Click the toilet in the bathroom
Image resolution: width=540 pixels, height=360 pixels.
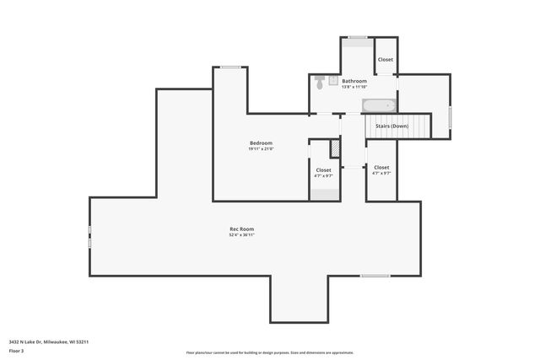pos(320,83)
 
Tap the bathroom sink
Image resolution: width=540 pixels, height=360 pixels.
pos(333,81)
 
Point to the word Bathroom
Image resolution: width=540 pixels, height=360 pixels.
pos(354,81)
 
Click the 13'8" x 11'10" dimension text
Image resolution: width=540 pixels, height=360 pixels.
pos(354,87)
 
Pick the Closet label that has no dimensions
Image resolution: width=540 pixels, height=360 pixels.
pos(386,60)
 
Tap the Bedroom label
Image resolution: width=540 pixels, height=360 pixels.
pos(262,142)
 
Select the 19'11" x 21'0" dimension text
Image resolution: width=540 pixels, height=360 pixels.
pos(262,148)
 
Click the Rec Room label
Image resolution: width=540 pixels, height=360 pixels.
pos(242,228)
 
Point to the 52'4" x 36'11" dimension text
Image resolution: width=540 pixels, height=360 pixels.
pos(242,235)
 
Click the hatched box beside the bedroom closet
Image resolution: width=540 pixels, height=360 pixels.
pos(335,148)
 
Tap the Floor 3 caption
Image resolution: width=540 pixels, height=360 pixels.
pos(17,350)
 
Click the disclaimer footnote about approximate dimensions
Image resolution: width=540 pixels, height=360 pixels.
pos(269,352)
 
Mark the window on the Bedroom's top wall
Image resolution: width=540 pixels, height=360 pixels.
pos(230,67)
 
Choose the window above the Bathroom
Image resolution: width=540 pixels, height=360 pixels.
pos(358,37)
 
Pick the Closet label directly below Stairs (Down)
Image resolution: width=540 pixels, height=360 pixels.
pos(381,168)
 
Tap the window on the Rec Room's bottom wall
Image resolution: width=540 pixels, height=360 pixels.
pos(375,276)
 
